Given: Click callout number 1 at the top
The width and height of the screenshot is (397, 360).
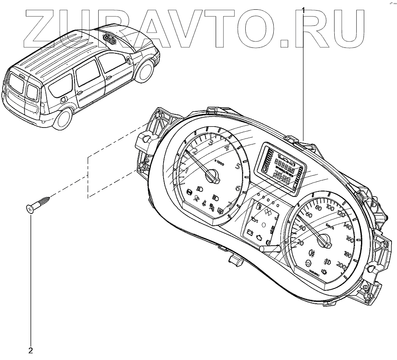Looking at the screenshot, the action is (303, 8).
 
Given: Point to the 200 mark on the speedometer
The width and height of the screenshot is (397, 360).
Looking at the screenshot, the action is (340, 266).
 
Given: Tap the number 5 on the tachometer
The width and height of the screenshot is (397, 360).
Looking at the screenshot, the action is (238, 166).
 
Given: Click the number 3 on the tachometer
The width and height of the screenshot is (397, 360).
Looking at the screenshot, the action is (211, 142).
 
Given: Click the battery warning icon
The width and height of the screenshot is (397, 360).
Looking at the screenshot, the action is (251, 233).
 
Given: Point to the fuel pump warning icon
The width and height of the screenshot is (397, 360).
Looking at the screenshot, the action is (257, 208).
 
